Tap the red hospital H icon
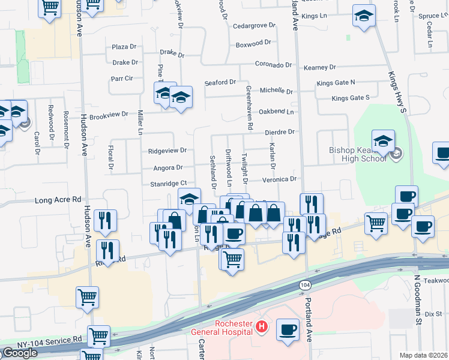[261, 327]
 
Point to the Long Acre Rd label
[58, 199]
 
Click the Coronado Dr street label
[273, 65]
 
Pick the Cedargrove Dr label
[254, 26]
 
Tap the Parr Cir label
[122, 78]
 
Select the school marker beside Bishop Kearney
[383, 142]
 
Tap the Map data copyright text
[423, 355]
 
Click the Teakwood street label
[436, 280]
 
